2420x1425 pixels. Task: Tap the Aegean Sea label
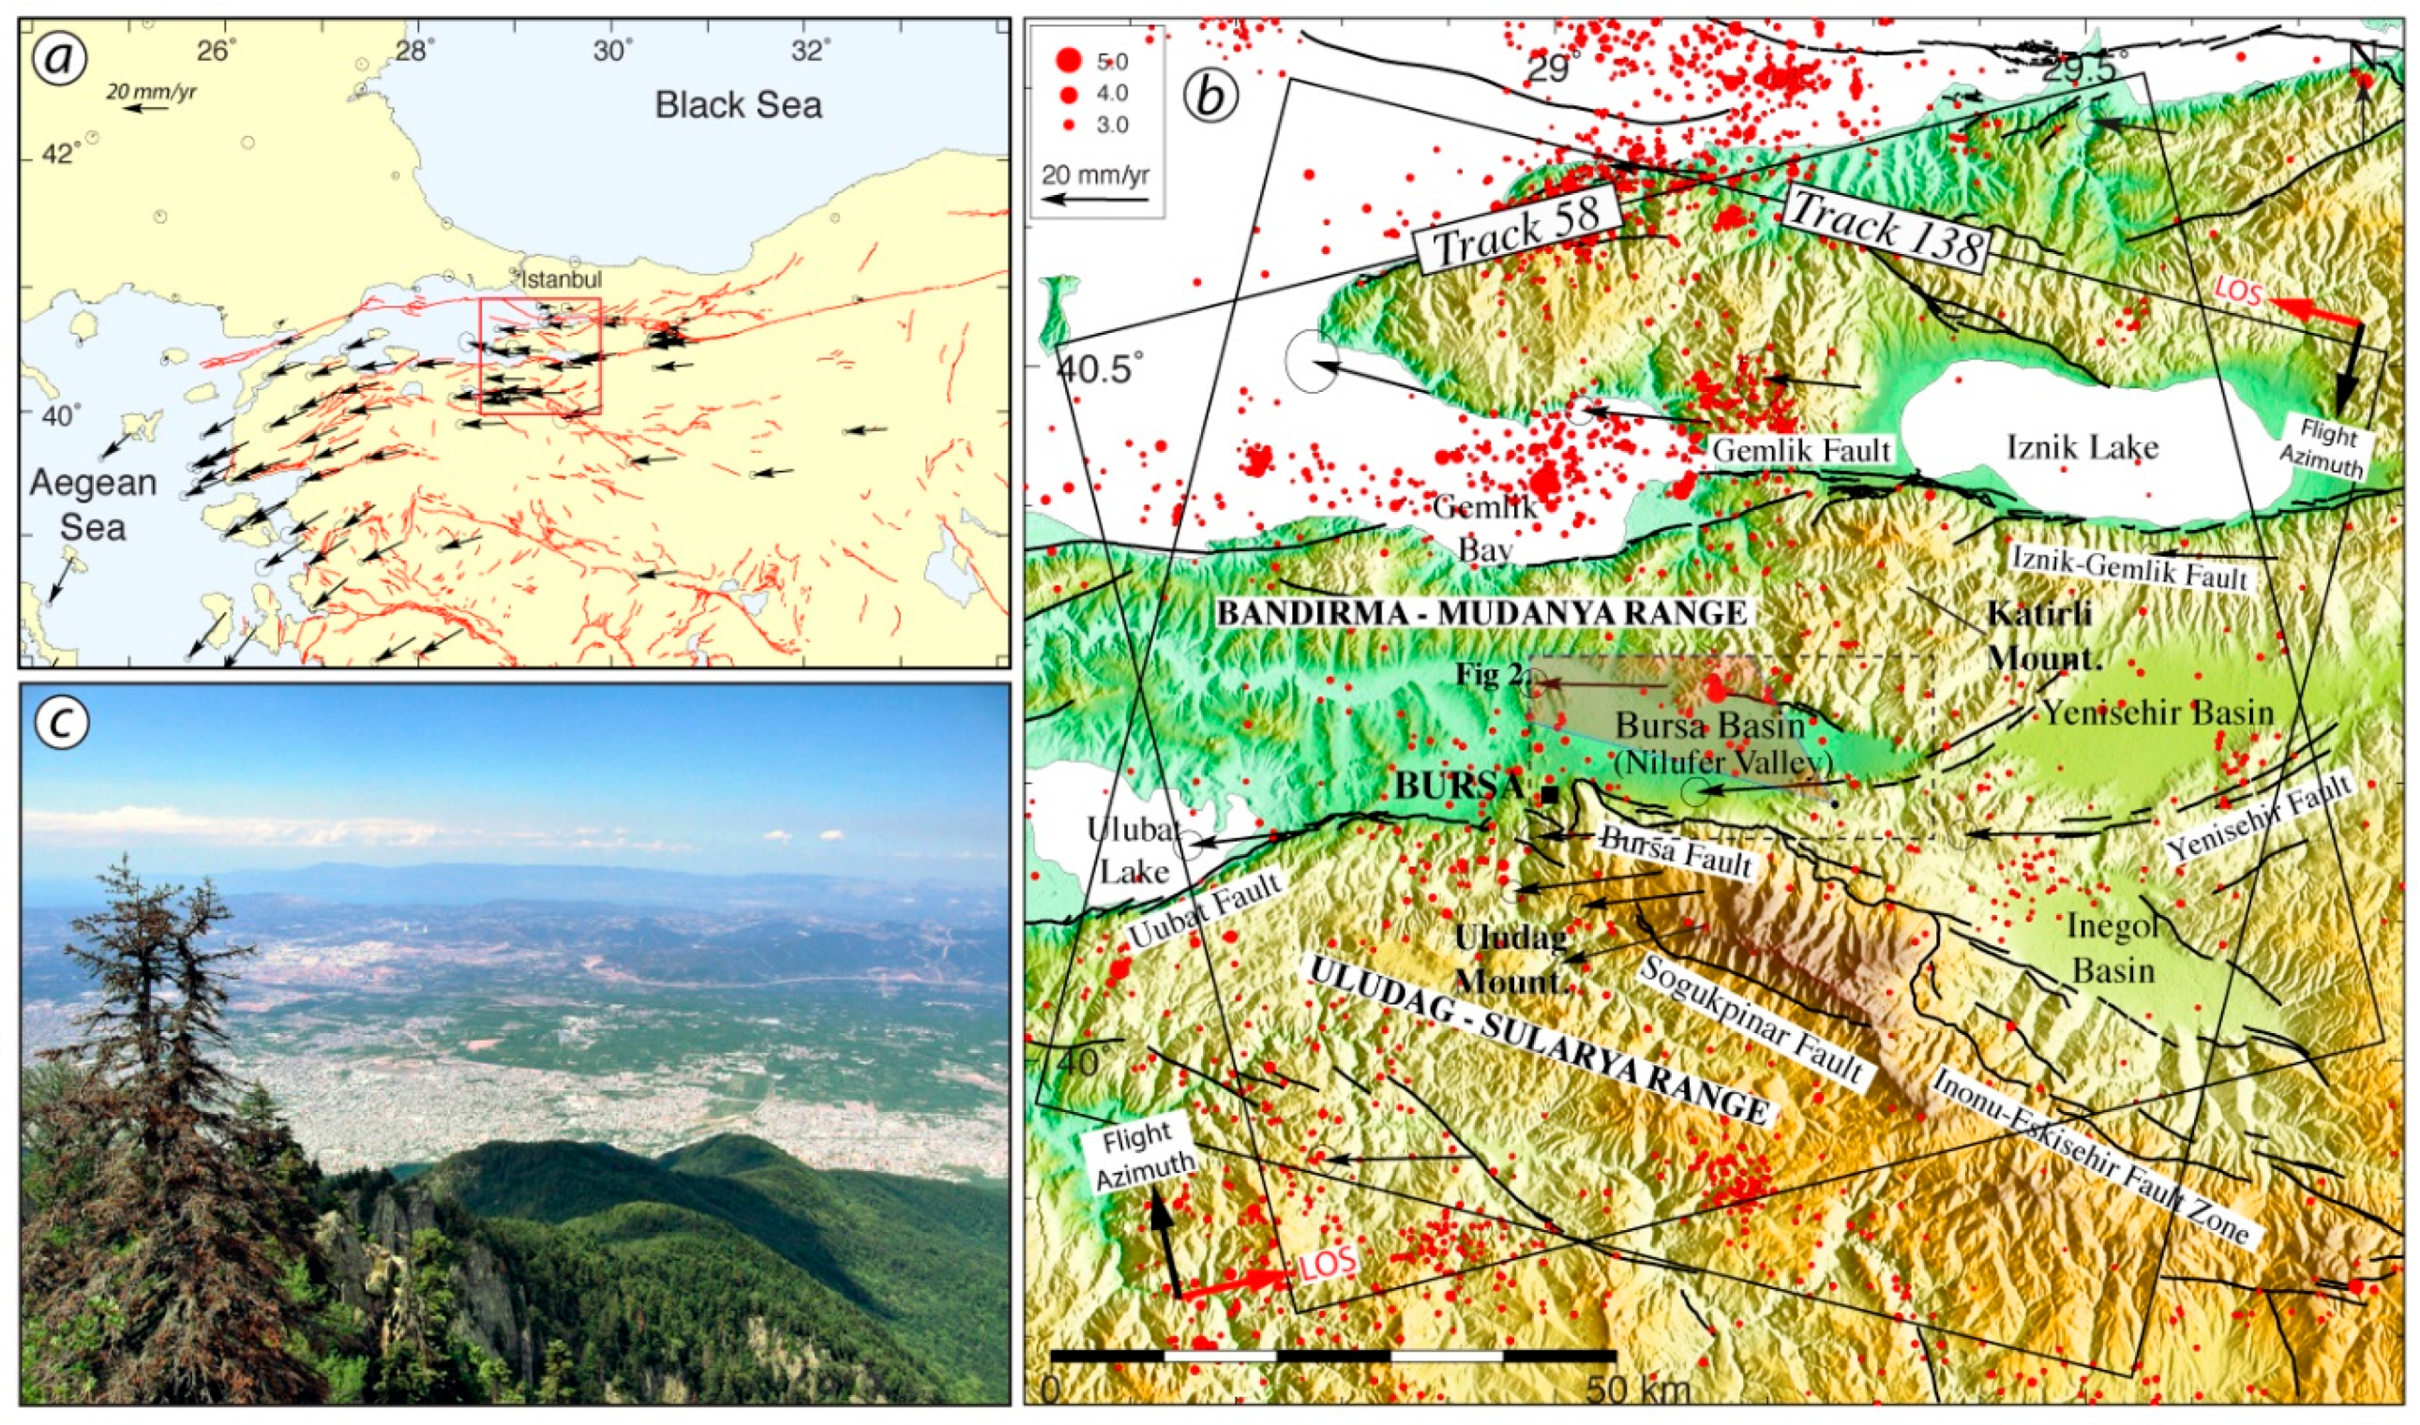click(x=92, y=504)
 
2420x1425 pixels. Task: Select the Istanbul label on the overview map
click(x=561, y=279)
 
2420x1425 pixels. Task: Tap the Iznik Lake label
click(x=2082, y=446)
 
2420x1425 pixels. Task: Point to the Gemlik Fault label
click(x=1800, y=449)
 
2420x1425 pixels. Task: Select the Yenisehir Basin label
click(x=2157, y=712)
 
